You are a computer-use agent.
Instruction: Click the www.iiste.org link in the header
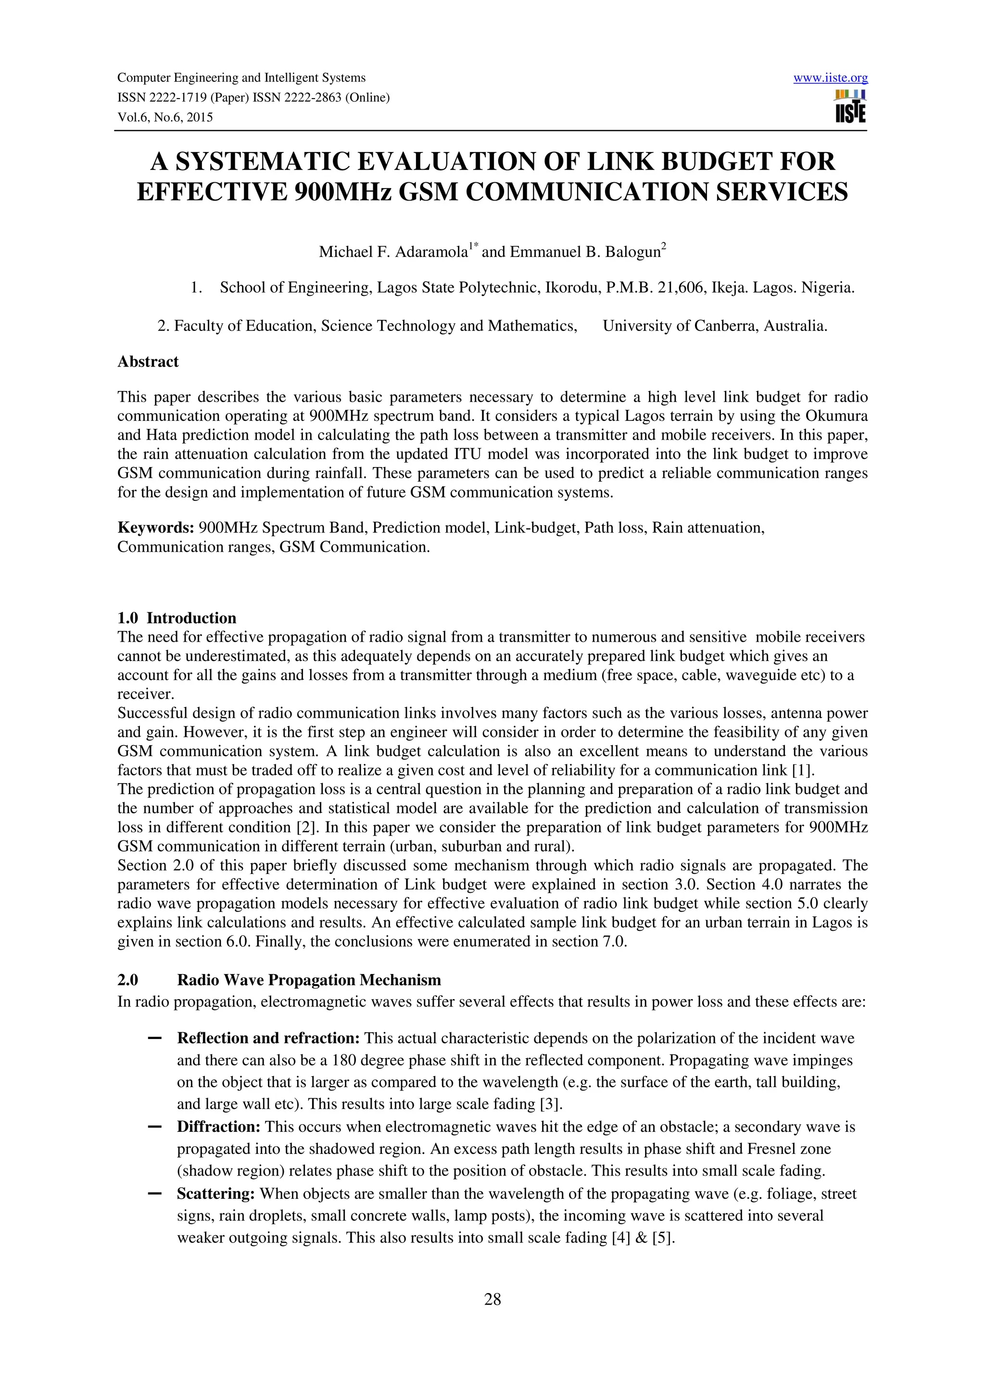(830, 78)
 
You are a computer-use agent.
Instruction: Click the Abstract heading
(148, 362)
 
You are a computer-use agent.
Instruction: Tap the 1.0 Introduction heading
(177, 618)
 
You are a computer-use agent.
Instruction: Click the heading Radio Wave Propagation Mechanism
(309, 980)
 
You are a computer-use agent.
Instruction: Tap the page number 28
(492, 1299)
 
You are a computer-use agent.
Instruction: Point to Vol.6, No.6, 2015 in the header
(165, 117)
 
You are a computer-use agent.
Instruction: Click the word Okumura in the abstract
(837, 416)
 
